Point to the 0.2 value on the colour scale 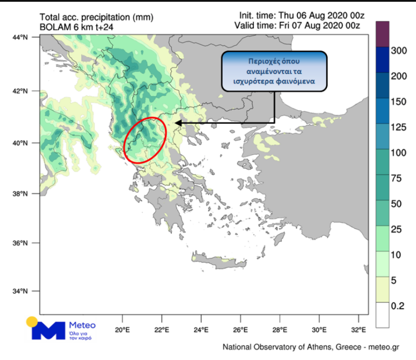click(398, 306)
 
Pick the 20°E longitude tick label click(122, 329)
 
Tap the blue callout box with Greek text click(274, 71)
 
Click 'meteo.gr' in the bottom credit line click(385, 347)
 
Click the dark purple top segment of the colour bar click(382, 33)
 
